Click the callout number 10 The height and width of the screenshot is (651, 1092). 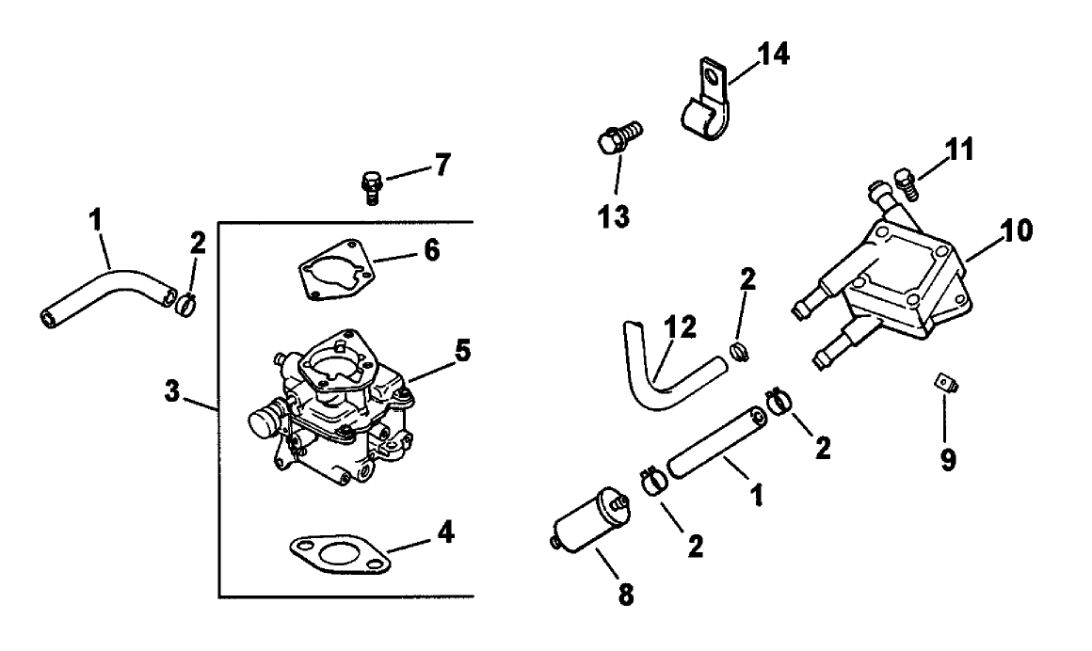pos(1015,230)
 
